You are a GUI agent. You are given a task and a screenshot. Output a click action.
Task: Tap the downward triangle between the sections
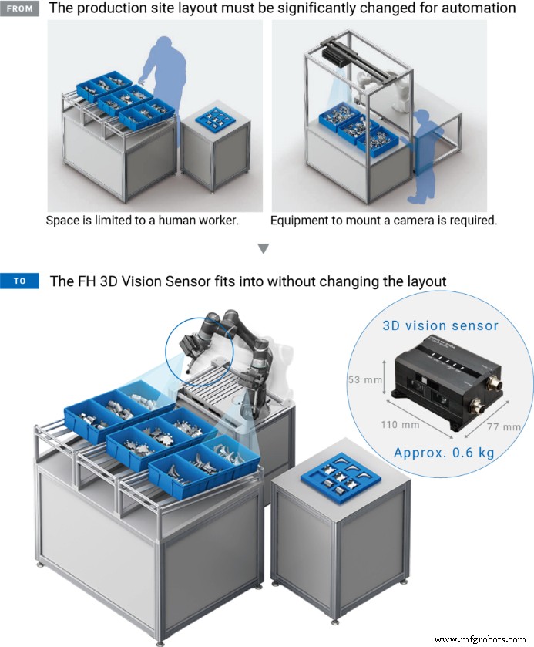pos(264,249)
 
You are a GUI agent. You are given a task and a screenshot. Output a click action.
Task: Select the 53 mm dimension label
pos(364,379)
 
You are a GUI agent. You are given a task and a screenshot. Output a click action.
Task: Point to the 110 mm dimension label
pos(400,424)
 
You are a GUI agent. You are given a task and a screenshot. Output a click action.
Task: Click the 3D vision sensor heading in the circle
pos(440,325)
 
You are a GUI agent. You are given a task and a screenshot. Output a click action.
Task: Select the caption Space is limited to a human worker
pos(143,221)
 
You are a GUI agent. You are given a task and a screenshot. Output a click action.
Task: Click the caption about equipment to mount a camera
pos(384,221)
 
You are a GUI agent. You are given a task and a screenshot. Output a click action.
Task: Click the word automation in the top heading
pos(479,9)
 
